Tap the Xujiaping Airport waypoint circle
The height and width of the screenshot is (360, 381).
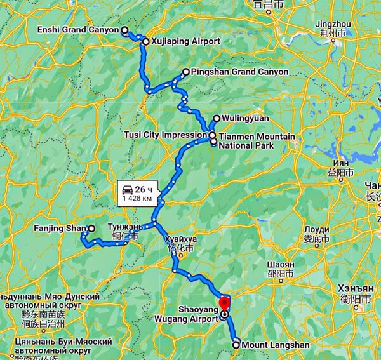click(145, 42)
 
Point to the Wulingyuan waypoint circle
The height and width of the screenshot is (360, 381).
click(217, 118)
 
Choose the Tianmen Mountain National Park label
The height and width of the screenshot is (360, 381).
click(257, 141)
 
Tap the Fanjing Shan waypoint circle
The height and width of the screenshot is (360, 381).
click(91, 228)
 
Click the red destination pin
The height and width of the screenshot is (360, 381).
click(224, 302)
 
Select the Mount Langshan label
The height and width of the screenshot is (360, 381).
click(276, 345)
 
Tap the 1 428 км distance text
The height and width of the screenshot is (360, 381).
click(137, 199)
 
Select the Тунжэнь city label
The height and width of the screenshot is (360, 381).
click(126, 227)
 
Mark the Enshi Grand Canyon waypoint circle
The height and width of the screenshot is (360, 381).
click(124, 30)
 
